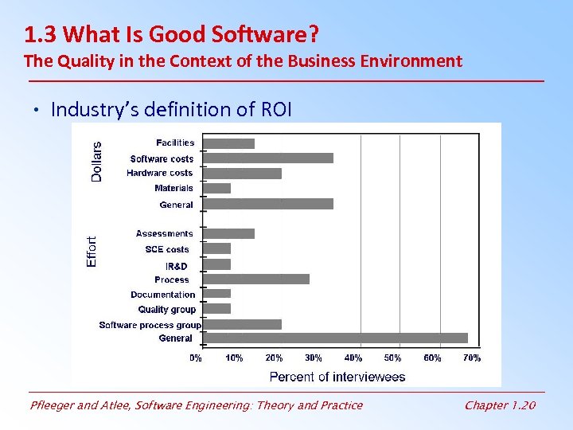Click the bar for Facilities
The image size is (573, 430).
click(x=229, y=143)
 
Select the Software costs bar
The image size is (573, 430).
click(x=268, y=158)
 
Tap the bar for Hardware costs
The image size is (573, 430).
click(x=243, y=174)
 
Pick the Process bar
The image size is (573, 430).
click(x=256, y=279)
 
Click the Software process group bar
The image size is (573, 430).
click(x=243, y=324)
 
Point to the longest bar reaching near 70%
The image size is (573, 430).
click(x=335, y=338)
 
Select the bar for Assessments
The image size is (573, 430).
click(x=229, y=233)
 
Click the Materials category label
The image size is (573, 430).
click(x=174, y=189)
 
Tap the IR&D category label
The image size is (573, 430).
click(x=177, y=266)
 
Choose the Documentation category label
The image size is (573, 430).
click(x=163, y=295)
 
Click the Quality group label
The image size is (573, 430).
click(x=166, y=310)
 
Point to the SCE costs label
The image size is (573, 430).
click(x=167, y=249)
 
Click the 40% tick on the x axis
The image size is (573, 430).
click(x=353, y=358)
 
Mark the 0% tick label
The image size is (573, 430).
click(x=196, y=358)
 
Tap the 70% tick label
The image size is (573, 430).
click(x=472, y=358)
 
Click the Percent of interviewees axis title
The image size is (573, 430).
click(x=337, y=376)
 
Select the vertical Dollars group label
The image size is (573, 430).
click(x=96, y=162)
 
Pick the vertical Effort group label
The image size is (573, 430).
click(x=92, y=251)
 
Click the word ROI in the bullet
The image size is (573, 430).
click(x=276, y=109)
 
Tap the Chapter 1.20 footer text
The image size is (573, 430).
click(x=500, y=405)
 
